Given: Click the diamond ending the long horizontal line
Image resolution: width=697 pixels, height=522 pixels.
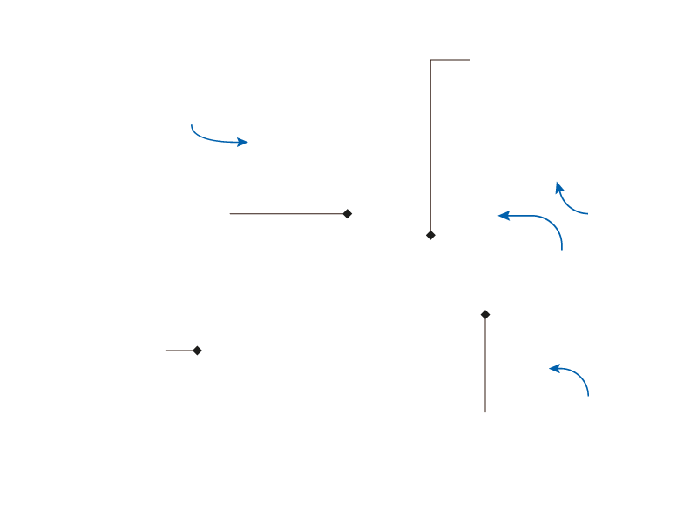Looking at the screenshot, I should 348,213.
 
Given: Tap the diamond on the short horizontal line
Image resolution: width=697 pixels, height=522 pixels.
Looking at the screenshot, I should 197,351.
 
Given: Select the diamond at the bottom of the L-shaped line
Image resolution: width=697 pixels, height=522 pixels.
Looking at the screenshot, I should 430,235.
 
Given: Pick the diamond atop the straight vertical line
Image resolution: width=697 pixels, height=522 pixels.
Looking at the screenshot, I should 485,314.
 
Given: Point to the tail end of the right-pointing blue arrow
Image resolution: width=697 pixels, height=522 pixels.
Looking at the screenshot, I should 191,124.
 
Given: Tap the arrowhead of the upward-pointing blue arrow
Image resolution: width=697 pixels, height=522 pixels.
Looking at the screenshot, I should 558,184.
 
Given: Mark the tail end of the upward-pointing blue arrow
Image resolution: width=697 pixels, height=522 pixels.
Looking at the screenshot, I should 588,213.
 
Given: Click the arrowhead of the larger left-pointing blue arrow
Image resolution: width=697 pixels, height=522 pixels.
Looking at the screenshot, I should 499,215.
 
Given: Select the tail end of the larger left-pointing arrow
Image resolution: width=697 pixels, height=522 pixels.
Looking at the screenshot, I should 562,250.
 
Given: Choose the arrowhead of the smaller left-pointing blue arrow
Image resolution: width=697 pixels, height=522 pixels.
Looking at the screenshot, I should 551,368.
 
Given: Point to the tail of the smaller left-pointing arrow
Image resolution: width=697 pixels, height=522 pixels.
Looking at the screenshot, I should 589,397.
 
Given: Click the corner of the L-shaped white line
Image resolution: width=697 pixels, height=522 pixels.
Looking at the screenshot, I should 430,60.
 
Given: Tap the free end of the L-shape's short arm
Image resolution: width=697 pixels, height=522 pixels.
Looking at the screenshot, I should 470,60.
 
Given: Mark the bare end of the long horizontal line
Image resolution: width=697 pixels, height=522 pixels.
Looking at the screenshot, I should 229,213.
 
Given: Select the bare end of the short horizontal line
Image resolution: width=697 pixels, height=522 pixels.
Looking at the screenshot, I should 165,351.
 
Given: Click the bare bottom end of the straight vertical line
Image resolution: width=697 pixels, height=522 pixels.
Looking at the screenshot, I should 485,412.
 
